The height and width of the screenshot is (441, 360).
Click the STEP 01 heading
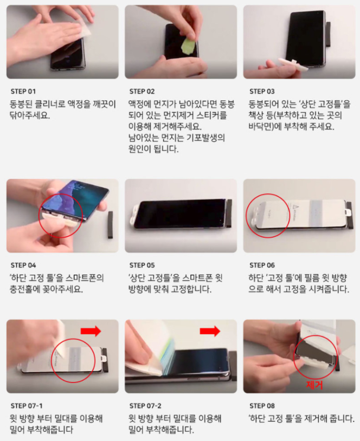(x=23, y=92)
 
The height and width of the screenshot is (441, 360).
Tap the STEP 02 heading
(x=142, y=92)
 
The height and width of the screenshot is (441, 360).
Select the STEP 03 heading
(x=262, y=92)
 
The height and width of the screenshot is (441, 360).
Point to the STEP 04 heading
(x=23, y=265)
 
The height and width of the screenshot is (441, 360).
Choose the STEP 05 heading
(x=142, y=265)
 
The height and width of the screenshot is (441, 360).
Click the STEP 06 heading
(x=262, y=265)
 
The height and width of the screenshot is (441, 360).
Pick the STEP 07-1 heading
(x=27, y=406)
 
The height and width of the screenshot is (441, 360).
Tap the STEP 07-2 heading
(x=145, y=406)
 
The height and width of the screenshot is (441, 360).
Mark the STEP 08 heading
(x=262, y=406)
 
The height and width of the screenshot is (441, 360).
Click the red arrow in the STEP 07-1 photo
(x=91, y=331)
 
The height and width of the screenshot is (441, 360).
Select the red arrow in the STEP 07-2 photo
(x=210, y=332)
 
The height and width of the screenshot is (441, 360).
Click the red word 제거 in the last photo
(x=314, y=385)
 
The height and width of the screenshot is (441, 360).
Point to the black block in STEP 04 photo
(x=111, y=225)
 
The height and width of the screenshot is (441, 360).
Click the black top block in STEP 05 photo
(x=229, y=213)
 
